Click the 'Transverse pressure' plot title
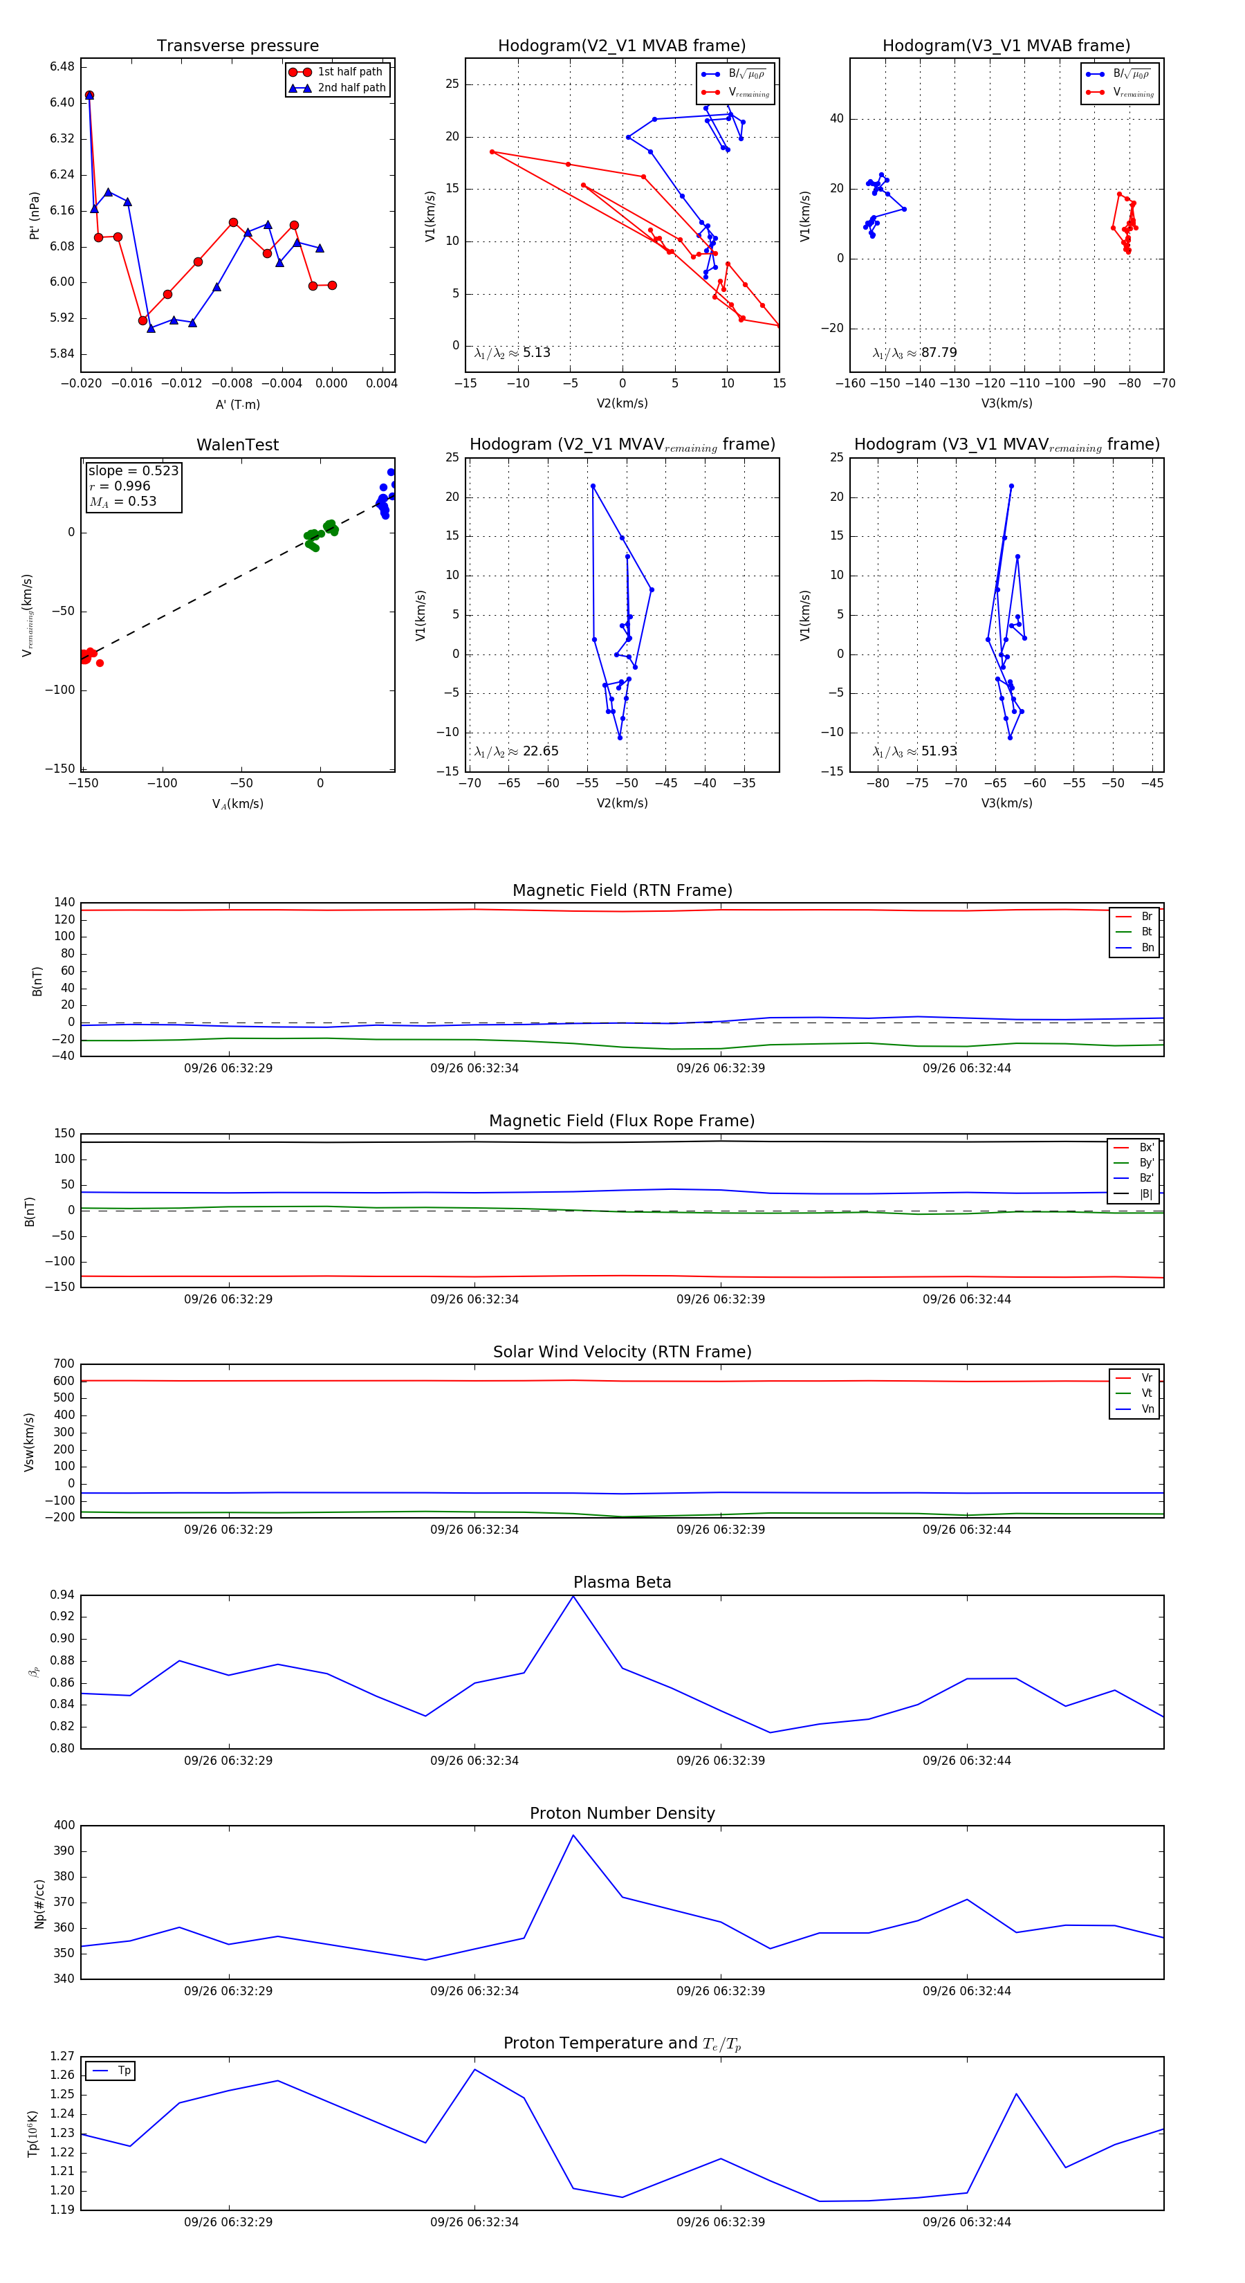pos(237,46)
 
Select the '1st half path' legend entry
pos(349,72)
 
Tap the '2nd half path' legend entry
pos(351,88)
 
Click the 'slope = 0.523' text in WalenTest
pos(133,470)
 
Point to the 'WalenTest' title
pos(237,445)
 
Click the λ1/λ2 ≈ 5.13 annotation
pos(512,353)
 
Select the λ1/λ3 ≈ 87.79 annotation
pos(914,353)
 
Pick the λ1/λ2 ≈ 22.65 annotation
pos(516,751)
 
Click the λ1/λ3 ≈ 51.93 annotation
pos(914,751)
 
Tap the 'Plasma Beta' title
pos(622,1582)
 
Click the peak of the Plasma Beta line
pos(573,1596)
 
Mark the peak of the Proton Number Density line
pos(573,1835)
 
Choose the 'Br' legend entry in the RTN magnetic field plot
pos(1146,917)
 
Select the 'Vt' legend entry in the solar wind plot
pos(1147,1393)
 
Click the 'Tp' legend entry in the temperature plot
pos(124,2071)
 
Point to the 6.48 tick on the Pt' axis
pos(62,67)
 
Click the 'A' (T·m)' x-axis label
pos(237,404)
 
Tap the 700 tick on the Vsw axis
pos(64,1364)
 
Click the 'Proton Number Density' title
pos(622,1813)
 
